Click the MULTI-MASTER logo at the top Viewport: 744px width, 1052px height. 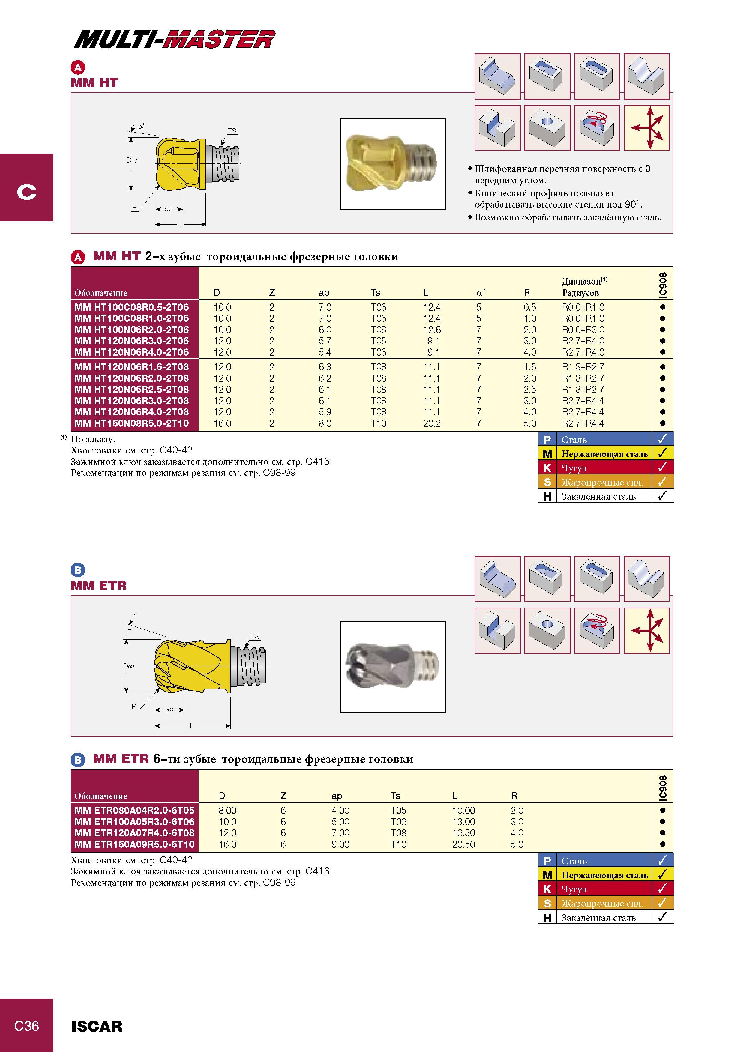[175, 39]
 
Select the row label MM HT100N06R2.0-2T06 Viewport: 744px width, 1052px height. [132, 330]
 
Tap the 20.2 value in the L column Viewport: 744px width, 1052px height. [432, 423]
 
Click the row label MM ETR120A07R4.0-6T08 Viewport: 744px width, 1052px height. [134, 833]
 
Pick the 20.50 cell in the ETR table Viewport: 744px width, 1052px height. [463, 844]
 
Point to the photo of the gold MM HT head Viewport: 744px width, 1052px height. [393, 164]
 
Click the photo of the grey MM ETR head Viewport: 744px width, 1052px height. [393, 667]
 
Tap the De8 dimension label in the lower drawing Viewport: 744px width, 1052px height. [129, 666]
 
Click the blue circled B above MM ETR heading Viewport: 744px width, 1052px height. [78, 570]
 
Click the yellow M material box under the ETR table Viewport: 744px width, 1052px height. [547, 875]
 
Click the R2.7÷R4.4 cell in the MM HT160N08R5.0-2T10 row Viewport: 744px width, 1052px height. [583, 423]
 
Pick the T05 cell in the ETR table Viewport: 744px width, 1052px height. [398, 811]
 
